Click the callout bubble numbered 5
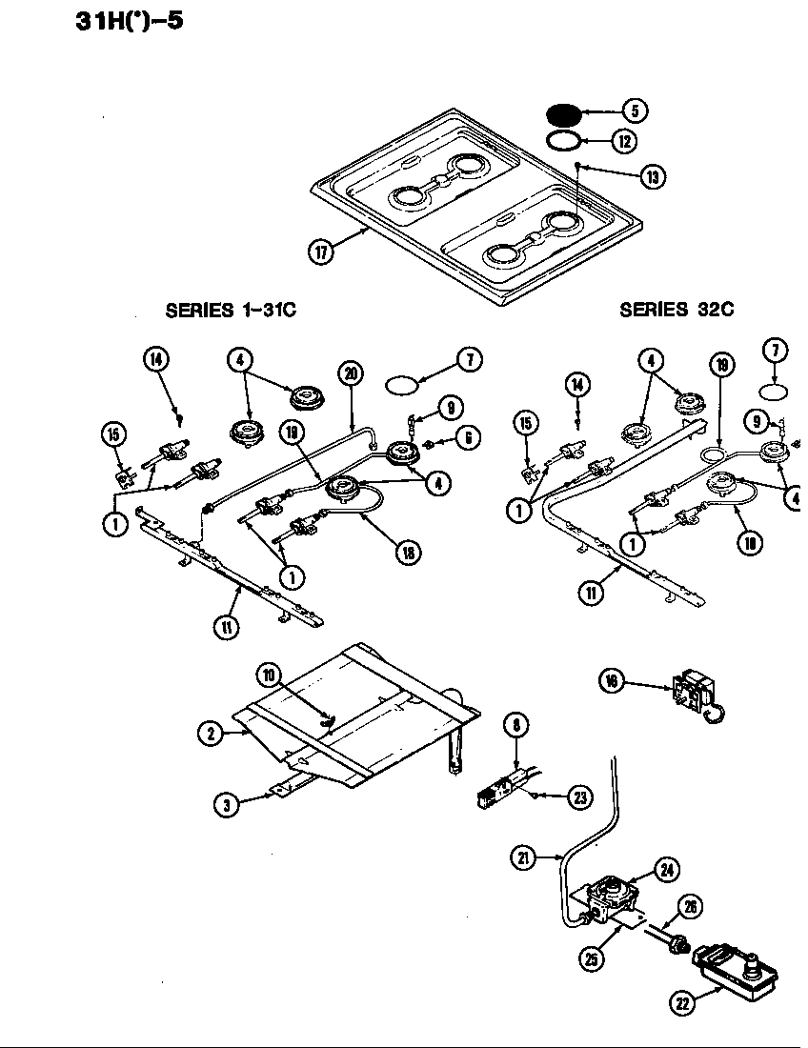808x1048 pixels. click(635, 111)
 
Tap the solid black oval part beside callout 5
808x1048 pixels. click(565, 114)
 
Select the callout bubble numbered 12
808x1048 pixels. click(624, 142)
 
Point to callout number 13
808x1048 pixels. click(653, 176)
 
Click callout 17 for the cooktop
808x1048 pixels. click(321, 252)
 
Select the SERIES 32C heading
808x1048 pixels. click(677, 310)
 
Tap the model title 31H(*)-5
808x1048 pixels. click(129, 20)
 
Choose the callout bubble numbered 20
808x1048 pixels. click(351, 373)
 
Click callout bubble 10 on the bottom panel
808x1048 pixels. click(270, 675)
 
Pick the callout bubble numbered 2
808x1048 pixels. click(211, 733)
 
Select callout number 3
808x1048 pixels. click(226, 804)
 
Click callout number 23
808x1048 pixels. click(579, 798)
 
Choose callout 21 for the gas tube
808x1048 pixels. click(523, 857)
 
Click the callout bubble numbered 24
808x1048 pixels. click(666, 868)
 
